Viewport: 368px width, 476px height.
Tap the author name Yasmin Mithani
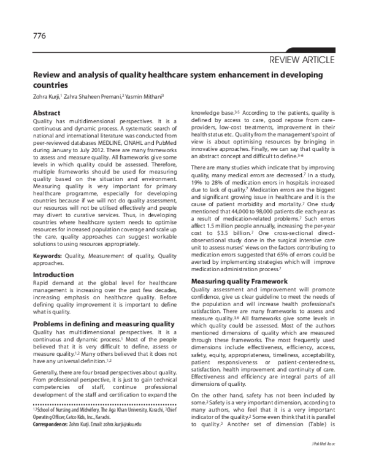pyautogui.click(x=145, y=97)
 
